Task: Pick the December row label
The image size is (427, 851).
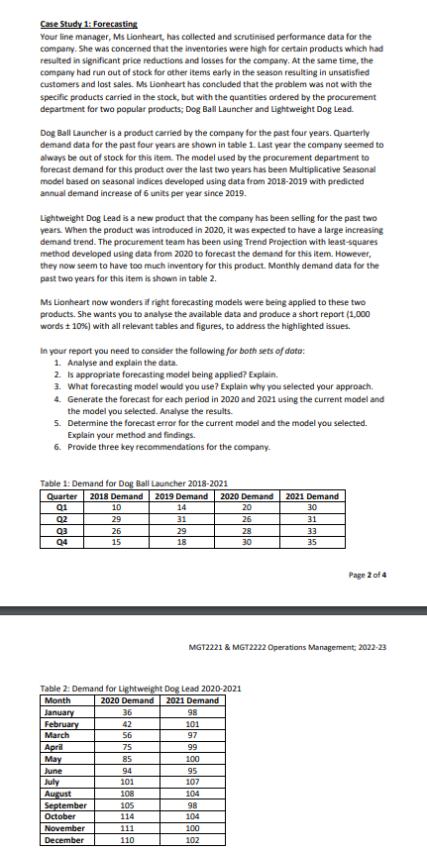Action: click(x=65, y=839)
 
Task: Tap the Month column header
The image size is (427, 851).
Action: click(x=57, y=701)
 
